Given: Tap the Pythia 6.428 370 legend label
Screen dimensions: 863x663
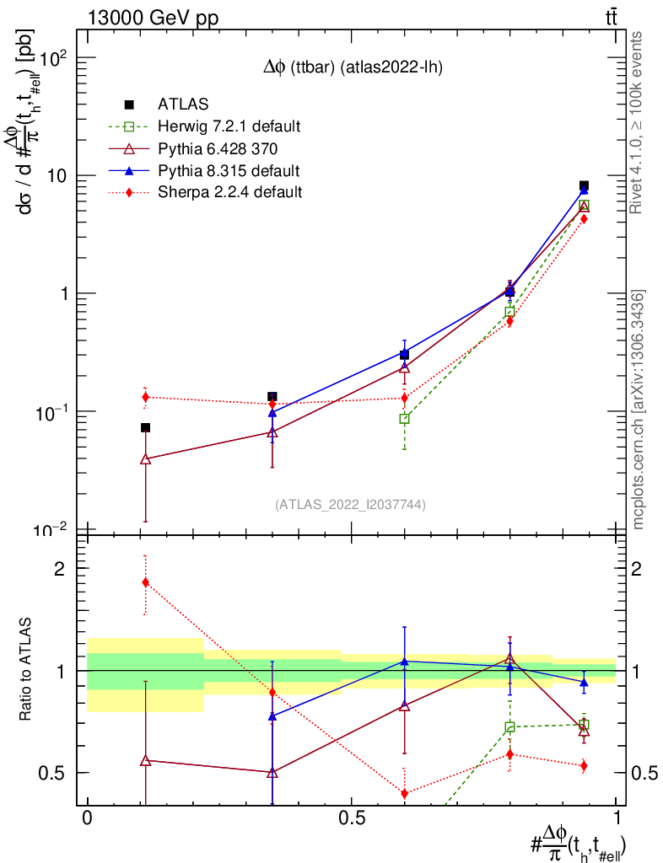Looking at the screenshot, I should [218, 149].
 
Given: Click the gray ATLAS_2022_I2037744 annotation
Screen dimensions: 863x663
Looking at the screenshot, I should [350, 505].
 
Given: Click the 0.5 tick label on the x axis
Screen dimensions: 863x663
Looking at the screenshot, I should [351, 818].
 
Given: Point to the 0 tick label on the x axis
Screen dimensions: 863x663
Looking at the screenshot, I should [87, 818].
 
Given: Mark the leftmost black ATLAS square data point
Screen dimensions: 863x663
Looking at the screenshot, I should [145, 428].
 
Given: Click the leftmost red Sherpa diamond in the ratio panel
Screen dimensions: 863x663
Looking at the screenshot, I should [146, 582].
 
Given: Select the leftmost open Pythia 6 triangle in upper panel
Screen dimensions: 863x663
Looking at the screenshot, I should [145, 459].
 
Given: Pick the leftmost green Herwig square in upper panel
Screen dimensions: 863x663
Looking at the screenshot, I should [404, 419].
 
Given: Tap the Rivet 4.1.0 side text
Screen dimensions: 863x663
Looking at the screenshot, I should [639, 122].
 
